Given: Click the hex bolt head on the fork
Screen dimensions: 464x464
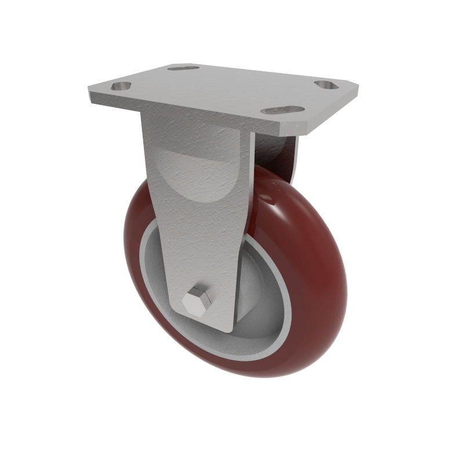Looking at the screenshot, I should [x=197, y=300].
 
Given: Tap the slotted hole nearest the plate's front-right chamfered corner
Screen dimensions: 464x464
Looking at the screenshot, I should [x=282, y=110].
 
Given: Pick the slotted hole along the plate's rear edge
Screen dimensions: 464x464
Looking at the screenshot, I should [x=183, y=68].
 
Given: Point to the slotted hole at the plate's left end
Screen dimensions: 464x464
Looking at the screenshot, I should [x=121, y=86].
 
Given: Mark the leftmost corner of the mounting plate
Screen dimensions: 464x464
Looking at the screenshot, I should [x=90, y=93].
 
